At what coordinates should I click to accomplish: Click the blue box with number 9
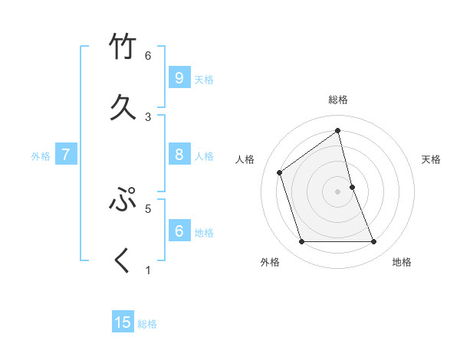179,77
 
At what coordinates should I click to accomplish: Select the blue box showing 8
179,155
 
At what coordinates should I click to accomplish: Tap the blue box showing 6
179,231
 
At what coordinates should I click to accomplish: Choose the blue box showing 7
66,155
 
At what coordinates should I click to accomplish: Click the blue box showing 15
123,322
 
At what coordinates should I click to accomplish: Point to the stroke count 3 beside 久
148,116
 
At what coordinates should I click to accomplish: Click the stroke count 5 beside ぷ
148,207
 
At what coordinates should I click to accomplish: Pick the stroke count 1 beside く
148,269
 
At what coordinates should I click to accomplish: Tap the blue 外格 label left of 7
41,156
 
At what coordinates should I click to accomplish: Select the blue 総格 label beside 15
147,324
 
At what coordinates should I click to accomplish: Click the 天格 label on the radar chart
431,159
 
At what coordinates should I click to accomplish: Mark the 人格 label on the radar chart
245,159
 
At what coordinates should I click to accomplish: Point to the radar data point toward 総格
337,130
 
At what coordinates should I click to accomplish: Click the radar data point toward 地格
373,242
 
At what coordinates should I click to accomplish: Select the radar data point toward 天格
352,187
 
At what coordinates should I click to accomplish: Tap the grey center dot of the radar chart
337,191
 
